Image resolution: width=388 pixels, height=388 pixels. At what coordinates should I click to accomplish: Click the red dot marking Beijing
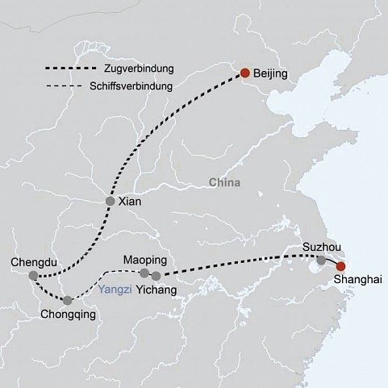coord(245,73)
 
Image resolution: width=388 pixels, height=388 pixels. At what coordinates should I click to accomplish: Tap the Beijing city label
coord(270,73)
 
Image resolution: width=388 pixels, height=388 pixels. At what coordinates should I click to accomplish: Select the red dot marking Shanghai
coord(340,266)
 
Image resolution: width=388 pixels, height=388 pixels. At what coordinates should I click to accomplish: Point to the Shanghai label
coord(357,280)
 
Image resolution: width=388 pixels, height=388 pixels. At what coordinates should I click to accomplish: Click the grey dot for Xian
coord(110,201)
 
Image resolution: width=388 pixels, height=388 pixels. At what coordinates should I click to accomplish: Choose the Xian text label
coord(130,202)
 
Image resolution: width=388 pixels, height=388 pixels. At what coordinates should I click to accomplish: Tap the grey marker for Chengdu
coord(33,275)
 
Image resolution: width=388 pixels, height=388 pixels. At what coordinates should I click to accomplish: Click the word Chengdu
coord(34,262)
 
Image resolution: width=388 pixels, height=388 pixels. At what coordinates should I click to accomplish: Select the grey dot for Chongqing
coord(68,300)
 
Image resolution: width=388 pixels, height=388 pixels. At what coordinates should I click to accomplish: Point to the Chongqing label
coord(68,315)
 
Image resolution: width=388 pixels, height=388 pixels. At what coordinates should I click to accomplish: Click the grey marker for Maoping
coord(144,273)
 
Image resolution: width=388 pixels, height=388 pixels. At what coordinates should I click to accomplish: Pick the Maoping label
coord(145,261)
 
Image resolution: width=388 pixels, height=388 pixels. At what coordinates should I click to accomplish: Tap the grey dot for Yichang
coord(156,276)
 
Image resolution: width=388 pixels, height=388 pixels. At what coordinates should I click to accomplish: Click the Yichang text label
coord(156,290)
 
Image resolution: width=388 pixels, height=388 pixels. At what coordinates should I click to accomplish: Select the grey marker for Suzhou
coord(321,260)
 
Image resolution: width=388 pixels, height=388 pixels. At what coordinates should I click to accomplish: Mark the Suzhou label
coord(322,247)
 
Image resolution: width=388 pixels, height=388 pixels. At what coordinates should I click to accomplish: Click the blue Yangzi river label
coord(115,290)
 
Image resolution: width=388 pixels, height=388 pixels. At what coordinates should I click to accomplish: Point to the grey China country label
coord(224,182)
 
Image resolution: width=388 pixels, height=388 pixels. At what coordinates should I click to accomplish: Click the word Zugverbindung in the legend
coord(139,69)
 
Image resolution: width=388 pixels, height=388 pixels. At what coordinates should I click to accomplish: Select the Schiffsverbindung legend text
coord(131,86)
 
